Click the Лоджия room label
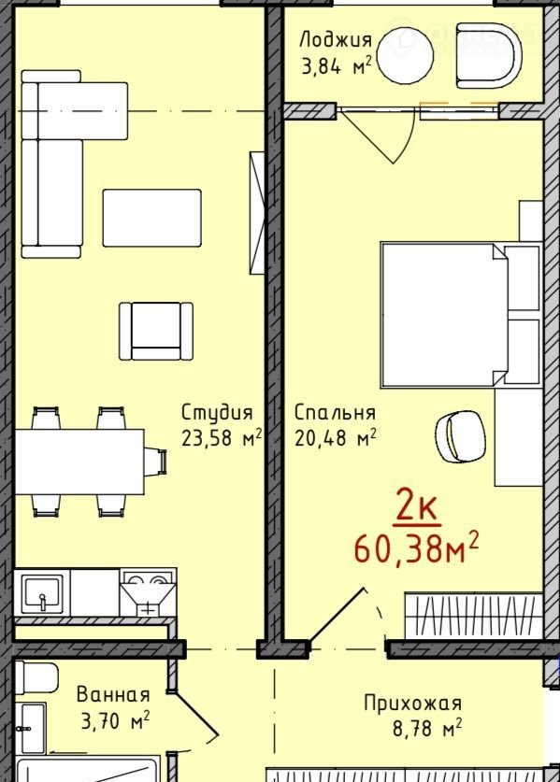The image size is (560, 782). click(x=336, y=41)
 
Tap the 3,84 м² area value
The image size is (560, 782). click(x=337, y=65)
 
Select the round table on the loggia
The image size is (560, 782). click(x=406, y=53)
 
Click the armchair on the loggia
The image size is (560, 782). click(x=488, y=55)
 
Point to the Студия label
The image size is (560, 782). click(x=217, y=413)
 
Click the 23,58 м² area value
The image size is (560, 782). click(x=222, y=438)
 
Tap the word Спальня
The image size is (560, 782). click(x=335, y=413)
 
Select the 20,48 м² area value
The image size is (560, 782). click(x=336, y=438)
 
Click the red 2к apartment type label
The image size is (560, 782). click(x=417, y=510)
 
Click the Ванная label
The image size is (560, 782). click(x=113, y=695)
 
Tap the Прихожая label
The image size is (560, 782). click(x=413, y=704)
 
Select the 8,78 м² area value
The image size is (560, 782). click(x=427, y=728)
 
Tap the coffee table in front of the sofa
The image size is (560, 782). click(x=152, y=218)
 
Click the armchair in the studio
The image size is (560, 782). click(x=156, y=331)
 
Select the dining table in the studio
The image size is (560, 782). click(x=79, y=462)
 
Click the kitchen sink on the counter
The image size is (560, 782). click(x=42, y=593)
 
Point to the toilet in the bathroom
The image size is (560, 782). click(x=36, y=677)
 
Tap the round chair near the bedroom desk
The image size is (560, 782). click(x=460, y=437)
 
